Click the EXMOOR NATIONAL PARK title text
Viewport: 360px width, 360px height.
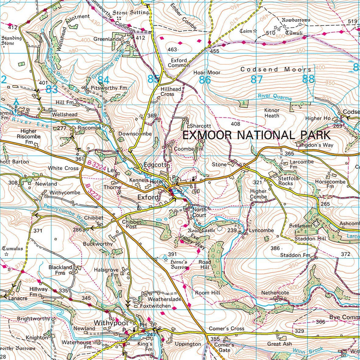(257, 135)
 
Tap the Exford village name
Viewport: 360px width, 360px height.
(148, 197)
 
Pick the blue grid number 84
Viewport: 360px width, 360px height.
(103, 80)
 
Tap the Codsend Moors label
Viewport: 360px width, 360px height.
(276, 70)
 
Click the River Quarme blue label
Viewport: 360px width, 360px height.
(275, 97)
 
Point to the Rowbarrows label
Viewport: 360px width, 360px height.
(296, 20)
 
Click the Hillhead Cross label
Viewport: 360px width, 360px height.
(171, 92)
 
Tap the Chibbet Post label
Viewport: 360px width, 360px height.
(131, 224)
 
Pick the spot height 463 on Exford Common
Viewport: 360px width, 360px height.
(172, 50)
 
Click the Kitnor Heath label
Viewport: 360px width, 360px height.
(271, 113)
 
